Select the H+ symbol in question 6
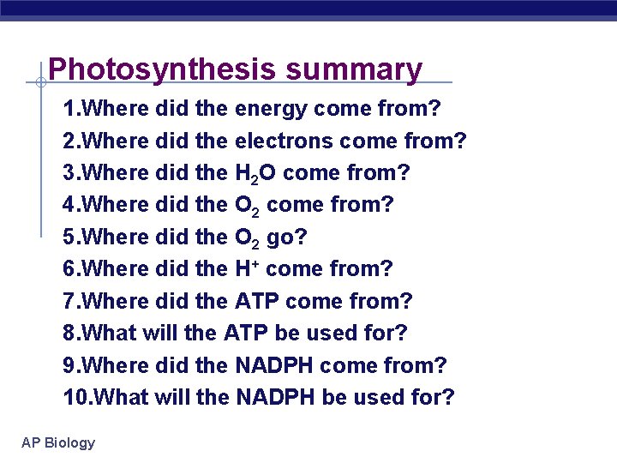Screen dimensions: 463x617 245,268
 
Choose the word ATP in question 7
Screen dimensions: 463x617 257,301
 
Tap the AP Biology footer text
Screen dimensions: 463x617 58,442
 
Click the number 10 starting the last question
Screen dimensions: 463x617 74,397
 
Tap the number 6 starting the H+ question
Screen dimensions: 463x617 69,268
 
